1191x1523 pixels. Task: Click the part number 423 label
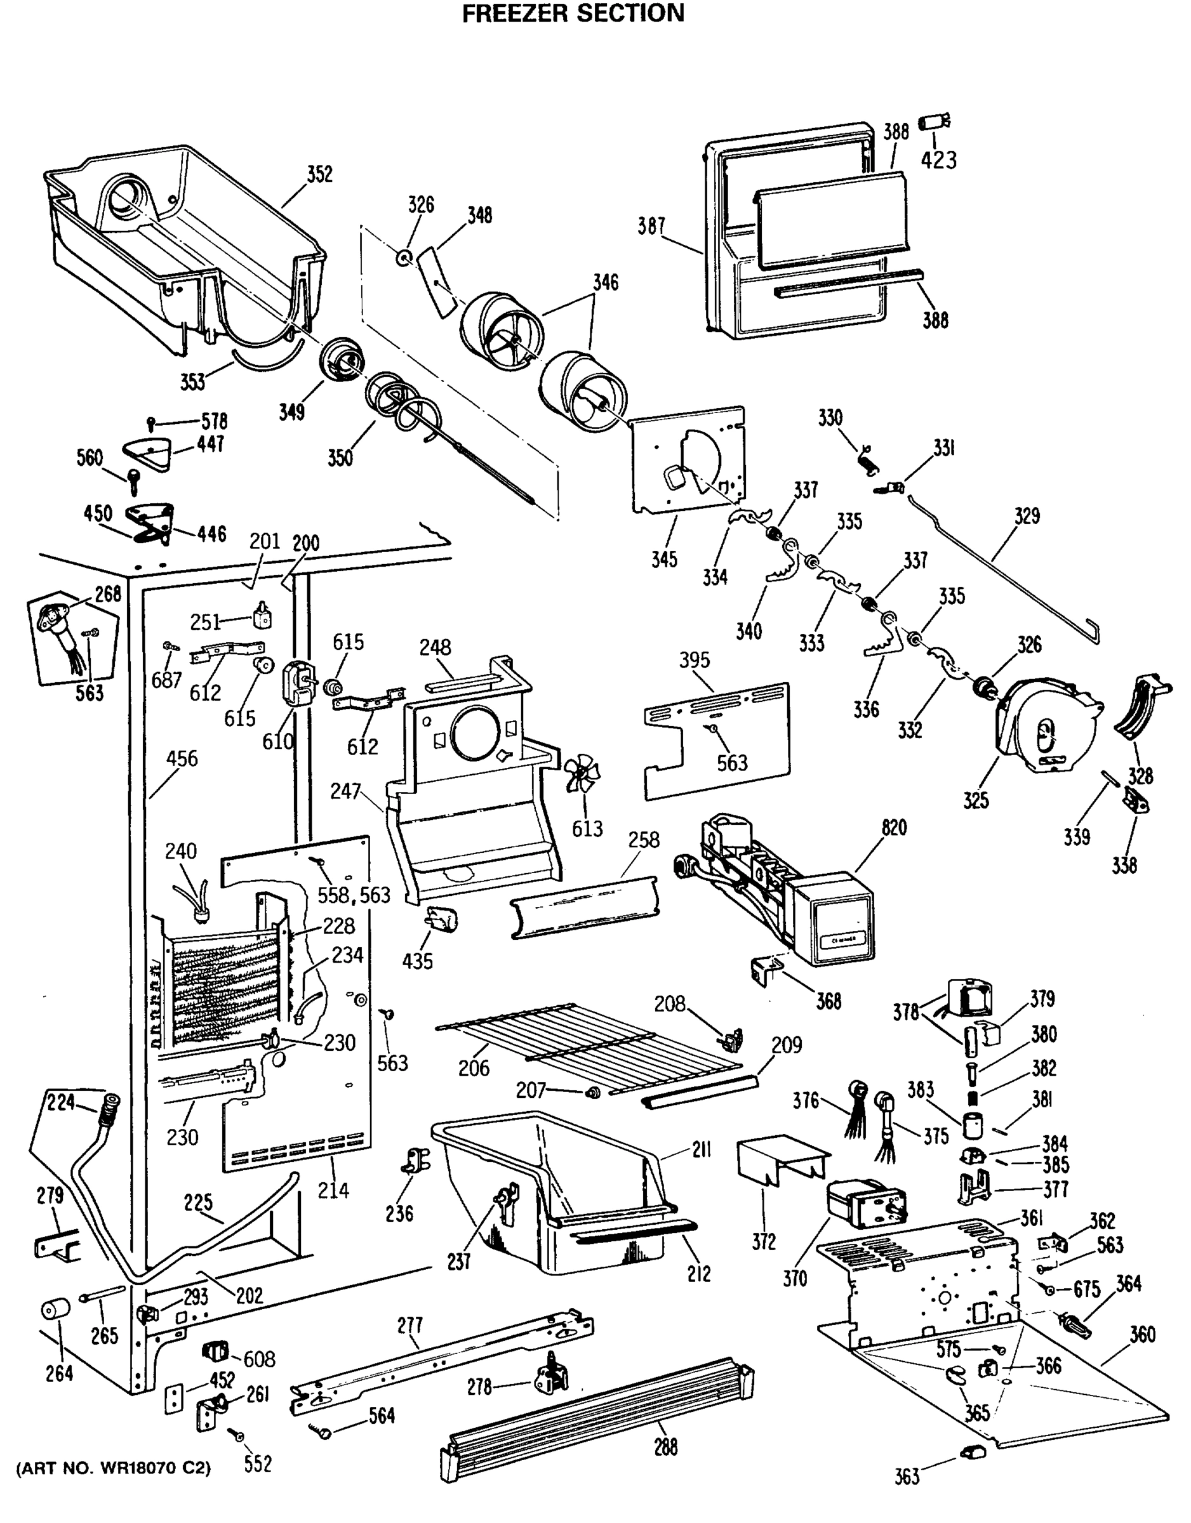point(938,161)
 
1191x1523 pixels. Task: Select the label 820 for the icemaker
point(894,827)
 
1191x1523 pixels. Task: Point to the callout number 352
point(319,175)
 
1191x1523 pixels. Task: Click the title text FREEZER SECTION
point(573,14)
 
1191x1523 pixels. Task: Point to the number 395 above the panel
point(695,660)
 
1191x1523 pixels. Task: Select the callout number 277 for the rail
point(409,1325)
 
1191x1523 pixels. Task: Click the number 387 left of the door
point(651,227)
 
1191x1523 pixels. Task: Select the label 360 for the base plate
point(1142,1335)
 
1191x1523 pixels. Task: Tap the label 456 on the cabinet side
point(182,759)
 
